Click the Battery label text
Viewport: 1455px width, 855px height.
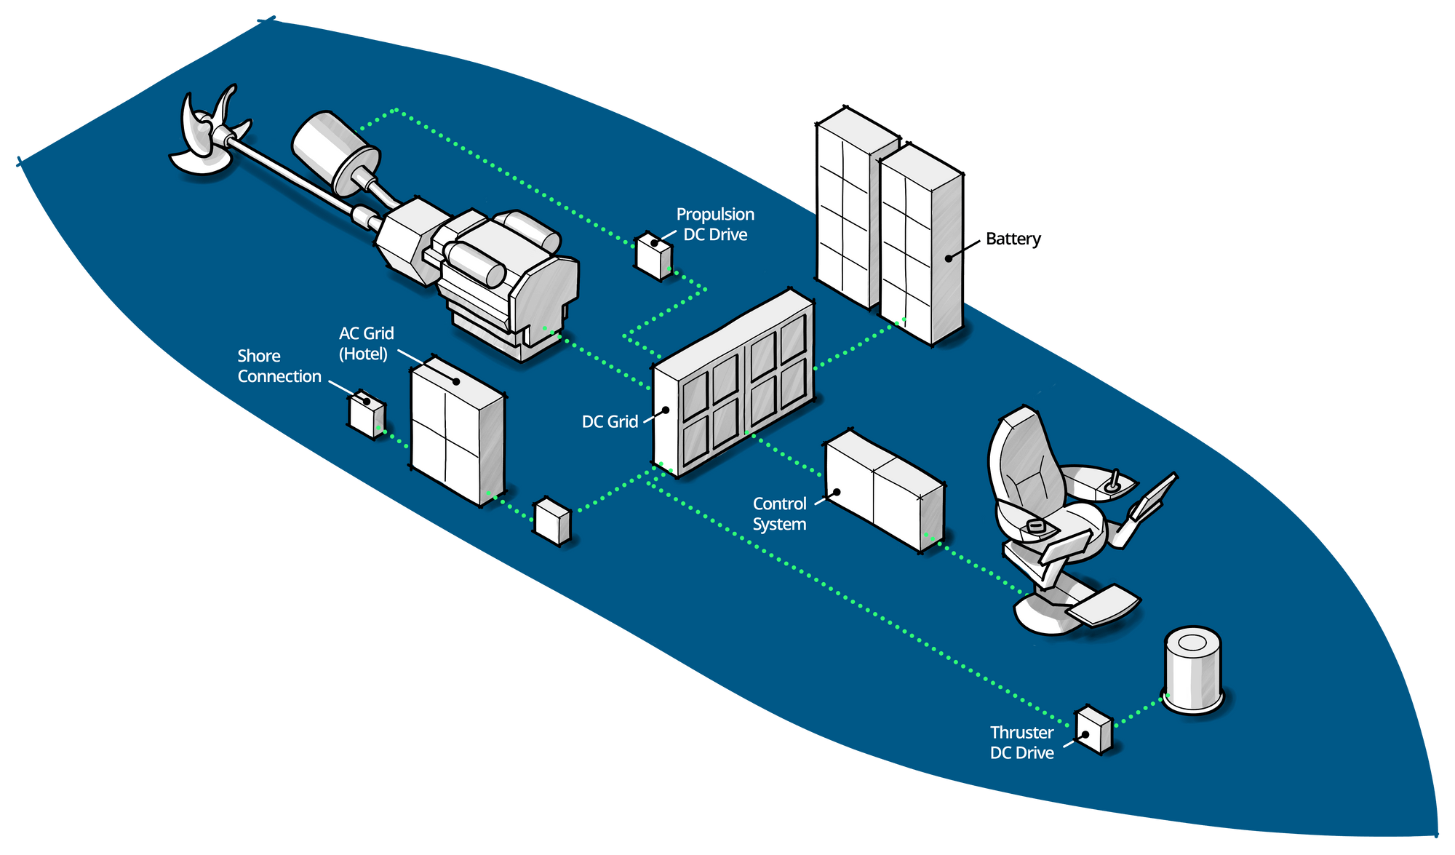click(x=1013, y=239)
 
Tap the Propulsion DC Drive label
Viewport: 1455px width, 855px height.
click(x=715, y=224)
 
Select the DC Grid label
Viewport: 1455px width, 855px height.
click(x=610, y=421)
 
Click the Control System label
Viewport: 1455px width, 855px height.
click(x=779, y=514)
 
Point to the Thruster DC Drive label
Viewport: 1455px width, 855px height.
click(x=1021, y=742)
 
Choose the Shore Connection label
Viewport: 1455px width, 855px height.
click(x=279, y=366)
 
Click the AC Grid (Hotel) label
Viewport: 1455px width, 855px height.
click(x=366, y=343)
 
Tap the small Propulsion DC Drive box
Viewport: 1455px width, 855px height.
click(x=653, y=256)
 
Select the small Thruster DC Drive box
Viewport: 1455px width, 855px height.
click(x=1093, y=730)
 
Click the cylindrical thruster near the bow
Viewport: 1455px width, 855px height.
click(x=1193, y=669)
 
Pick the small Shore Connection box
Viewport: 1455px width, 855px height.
click(x=367, y=415)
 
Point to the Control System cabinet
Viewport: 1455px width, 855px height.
click(x=883, y=490)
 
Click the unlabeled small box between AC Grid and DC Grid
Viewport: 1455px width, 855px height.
click(x=552, y=520)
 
